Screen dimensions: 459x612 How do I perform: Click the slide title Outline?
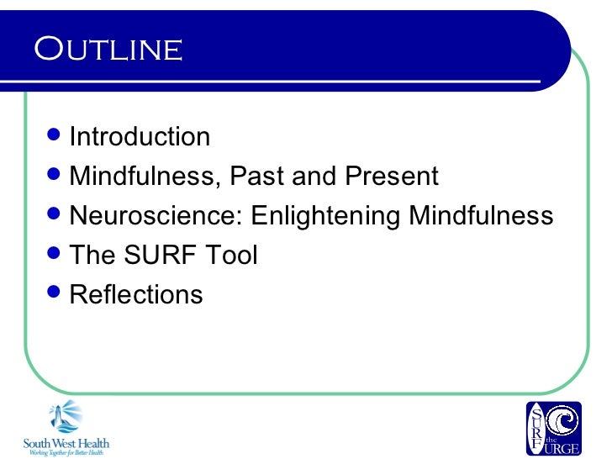tap(108, 50)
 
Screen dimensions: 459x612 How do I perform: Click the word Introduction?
tap(140, 137)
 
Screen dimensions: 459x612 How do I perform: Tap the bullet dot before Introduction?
tap(56, 135)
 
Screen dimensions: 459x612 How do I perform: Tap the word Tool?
tap(229, 256)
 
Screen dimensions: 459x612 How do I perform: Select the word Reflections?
tap(136, 295)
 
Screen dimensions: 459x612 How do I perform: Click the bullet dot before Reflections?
tap(56, 293)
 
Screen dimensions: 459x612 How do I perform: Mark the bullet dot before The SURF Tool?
tap(56, 254)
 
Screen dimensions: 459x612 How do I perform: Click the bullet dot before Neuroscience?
tap(56, 214)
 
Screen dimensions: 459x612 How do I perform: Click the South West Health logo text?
tap(66, 443)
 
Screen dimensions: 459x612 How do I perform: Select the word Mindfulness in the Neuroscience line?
tap(481, 216)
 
